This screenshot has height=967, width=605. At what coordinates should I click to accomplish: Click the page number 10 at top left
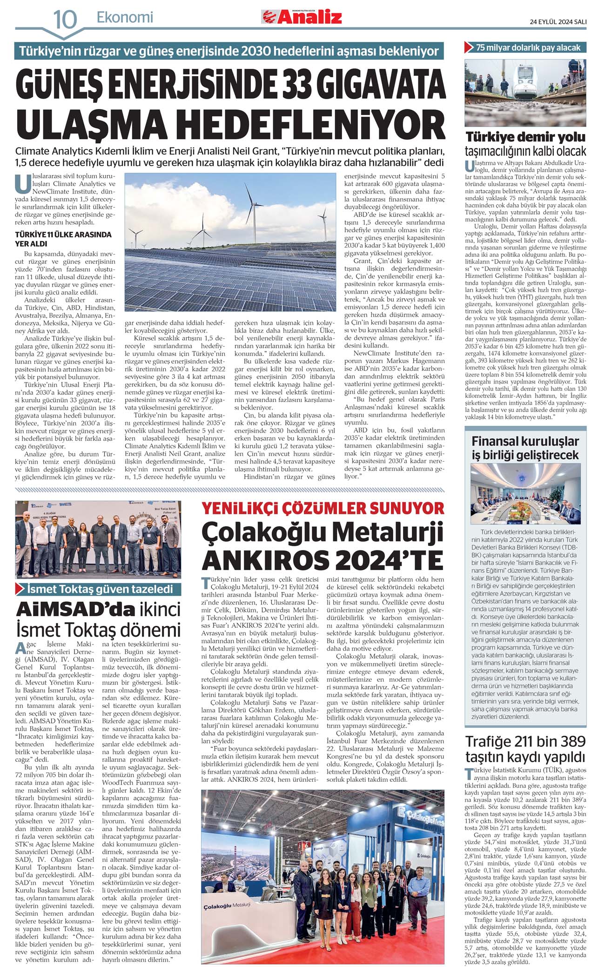[65, 19]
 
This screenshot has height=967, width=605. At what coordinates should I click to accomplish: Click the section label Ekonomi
[125, 18]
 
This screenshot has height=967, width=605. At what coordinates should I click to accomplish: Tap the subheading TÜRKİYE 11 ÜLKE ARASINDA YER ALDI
[63, 239]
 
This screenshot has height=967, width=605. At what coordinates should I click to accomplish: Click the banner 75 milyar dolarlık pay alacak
[528, 47]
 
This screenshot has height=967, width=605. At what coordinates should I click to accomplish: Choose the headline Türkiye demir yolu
[525, 137]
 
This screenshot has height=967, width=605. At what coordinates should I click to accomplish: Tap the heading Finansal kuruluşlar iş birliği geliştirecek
[525, 448]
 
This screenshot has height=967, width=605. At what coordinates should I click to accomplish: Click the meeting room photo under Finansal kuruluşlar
[525, 500]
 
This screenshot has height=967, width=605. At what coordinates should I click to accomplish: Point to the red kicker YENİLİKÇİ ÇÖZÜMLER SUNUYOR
[323, 508]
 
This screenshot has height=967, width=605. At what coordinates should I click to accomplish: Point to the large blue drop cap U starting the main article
[23, 183]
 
